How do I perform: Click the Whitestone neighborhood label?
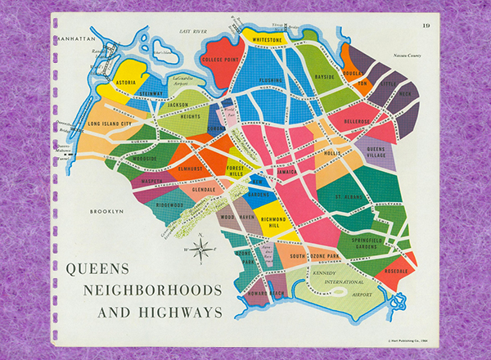point(268,38)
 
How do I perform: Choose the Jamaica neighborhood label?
point(287,173)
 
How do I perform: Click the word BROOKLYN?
point(106,211)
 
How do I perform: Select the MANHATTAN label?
point(74,38)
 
